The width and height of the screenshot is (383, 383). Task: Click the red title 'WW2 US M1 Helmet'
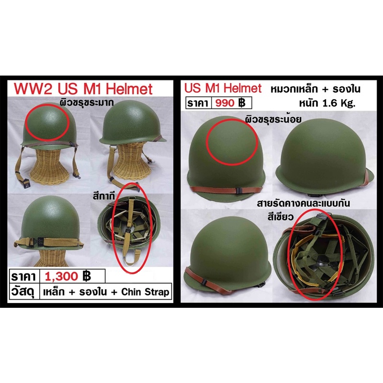click(x=83, y=89)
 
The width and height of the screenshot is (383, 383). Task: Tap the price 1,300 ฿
click(x=68, y=276)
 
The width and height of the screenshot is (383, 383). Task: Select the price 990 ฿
click(x=230, y=103)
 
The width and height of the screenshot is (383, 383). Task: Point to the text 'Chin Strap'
click(x=145, y=292)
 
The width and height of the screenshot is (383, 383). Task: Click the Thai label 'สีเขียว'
click(x=280, y=217)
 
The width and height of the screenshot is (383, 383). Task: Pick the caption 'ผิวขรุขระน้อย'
click(x=273, y=119)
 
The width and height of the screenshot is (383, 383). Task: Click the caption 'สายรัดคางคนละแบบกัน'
click(x=304, y=203)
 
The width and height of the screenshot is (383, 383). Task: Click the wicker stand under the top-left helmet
click(x=49, y=168)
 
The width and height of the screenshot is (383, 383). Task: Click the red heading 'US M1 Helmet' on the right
click(x=223, y=88)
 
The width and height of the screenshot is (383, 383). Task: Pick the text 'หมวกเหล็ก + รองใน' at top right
click(x=315, y=90)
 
